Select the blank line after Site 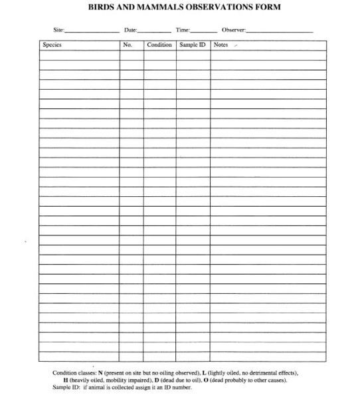pos(92,31)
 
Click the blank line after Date pos(154,31)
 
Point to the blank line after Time pos(203,31)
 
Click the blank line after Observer pos(280,31)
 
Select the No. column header pos(128,45)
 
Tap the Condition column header pos(159,45)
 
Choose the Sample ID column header pos(193,45)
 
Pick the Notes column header pos(221,45)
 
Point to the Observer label pos(234,31)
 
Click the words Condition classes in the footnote pos(74,373)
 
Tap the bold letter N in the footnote pos(100,373)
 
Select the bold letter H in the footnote pos(66,380)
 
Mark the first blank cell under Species pos(79,55)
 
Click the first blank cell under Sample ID pos(193,55)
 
